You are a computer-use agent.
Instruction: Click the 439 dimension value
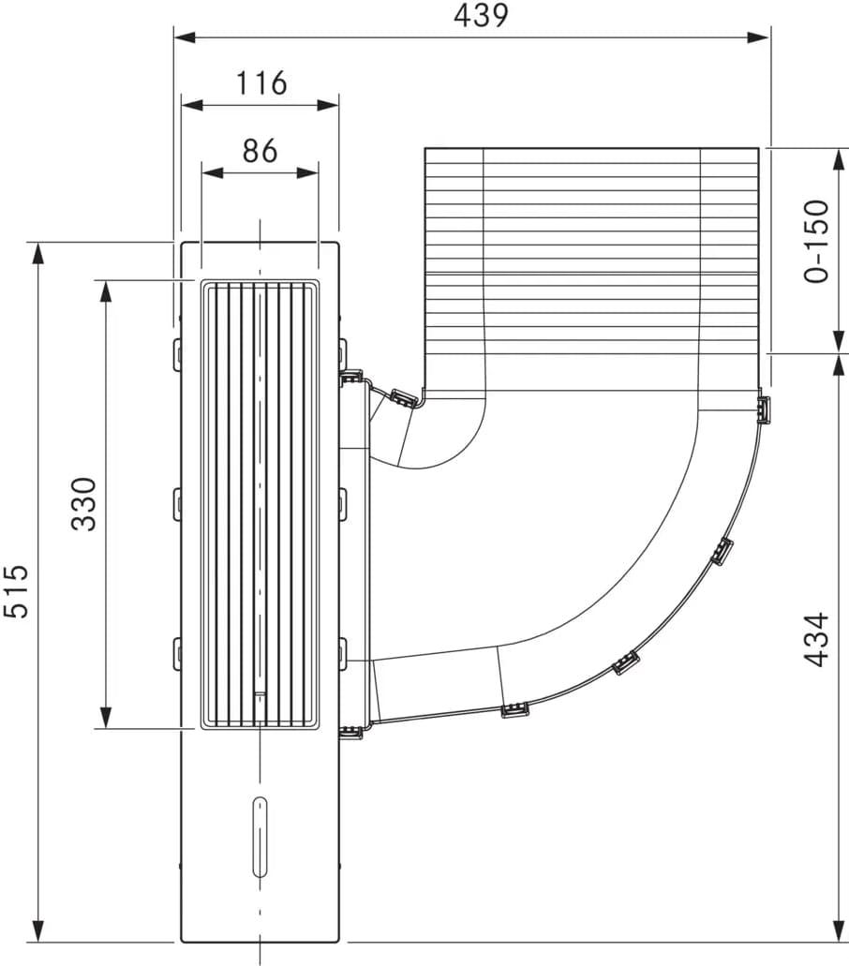click(481, 15)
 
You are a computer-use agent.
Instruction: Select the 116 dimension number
click(261, 83)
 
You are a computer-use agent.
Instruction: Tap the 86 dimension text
click(260, 151)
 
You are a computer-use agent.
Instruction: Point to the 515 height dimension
click(17, 590)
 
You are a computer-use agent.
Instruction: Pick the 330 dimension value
click(84, 504)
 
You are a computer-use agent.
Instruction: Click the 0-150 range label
click(817, 241)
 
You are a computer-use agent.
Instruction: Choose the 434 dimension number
click(817, 639)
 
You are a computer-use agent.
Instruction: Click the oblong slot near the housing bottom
click(260, 836)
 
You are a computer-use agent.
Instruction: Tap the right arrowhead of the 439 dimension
click(758, 37)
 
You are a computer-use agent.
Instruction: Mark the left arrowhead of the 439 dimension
click(185, 37)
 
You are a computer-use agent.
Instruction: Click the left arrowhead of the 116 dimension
click(191, 105)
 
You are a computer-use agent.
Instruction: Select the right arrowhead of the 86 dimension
click(307, 173)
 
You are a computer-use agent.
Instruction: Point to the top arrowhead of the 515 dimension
click(38, 255)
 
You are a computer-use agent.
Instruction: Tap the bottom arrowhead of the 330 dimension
click(106, 717)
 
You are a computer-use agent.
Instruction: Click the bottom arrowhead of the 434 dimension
click(839, 930)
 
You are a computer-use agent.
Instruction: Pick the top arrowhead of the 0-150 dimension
click(839, 159)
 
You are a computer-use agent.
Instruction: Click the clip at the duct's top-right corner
click(764, 409)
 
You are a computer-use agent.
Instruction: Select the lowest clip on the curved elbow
click(515, 710)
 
